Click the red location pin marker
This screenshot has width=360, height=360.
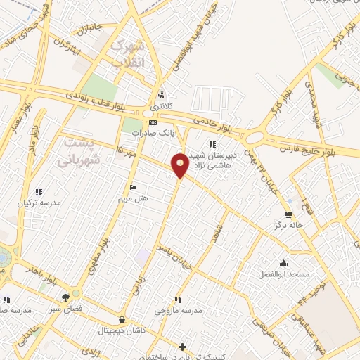[180, 165]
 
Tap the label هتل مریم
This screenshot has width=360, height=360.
[134, 198]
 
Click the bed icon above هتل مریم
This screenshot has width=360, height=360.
[134, 188]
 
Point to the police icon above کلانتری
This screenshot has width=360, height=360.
[162, 95]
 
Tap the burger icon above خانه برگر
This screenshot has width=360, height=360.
[288, 214]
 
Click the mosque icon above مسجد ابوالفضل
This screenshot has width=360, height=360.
[283, 262]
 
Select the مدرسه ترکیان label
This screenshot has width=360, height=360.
[39, 202]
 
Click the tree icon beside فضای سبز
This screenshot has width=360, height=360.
[66, 297]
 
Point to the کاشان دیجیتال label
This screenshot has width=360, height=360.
[123, 330]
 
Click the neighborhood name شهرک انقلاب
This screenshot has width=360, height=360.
[128, 54]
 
